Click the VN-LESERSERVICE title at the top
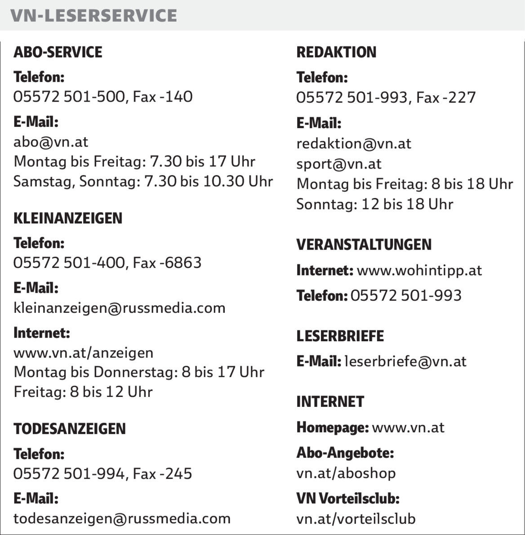click(94, 16)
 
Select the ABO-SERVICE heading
click(58, 52)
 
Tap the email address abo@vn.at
click(51, 142)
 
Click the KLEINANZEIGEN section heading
click(68, 218)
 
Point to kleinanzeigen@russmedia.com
click(120, 308)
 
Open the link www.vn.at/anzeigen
click(84, 353)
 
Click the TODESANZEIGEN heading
click(70, 429)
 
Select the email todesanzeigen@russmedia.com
click(122, 518)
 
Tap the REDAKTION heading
click(336, 52)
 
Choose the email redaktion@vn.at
click(354, 144)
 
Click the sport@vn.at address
click(338, 164)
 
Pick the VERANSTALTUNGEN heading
click(364, 245)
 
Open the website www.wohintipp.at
click(419, 271)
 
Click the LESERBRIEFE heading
click(340, 336)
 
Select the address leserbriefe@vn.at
click(405, 361)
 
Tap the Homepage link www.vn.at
click(408, 427)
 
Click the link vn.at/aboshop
click(346, 473)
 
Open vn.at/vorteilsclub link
click(356, 518)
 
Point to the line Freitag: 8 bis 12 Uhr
click(83, 392)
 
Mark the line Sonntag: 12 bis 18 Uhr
click(375, 205)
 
